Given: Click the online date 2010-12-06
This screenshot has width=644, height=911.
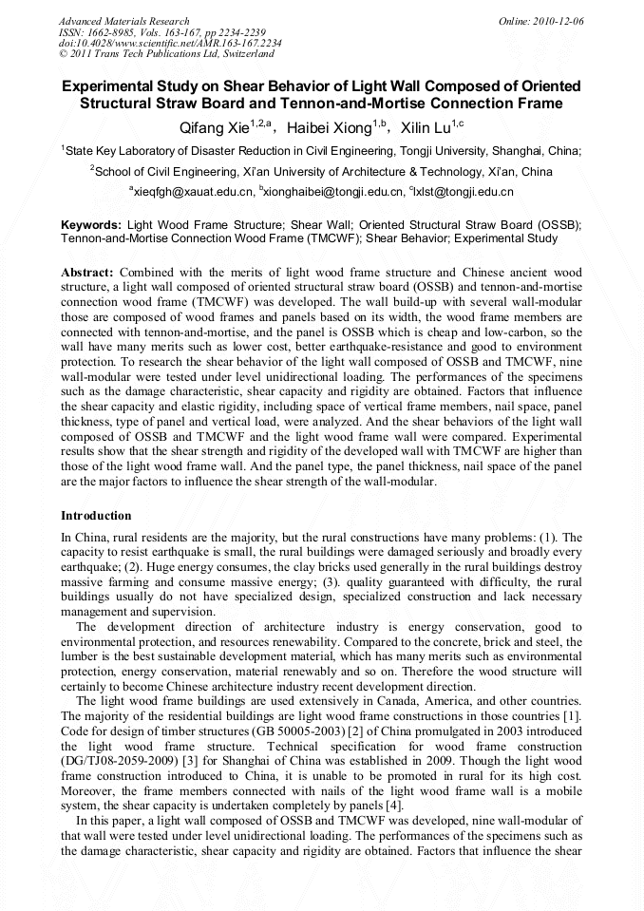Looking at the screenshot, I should tap(558, 21).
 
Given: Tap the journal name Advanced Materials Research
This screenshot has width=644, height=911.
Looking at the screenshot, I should tap(123, 21).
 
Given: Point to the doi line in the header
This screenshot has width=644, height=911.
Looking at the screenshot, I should tap(170, 44).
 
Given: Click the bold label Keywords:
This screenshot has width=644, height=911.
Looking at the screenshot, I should tap(91, 226).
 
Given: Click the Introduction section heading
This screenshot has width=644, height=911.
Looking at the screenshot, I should tap(96, 516).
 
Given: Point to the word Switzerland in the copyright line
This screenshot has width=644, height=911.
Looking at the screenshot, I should tap(218, 55).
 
